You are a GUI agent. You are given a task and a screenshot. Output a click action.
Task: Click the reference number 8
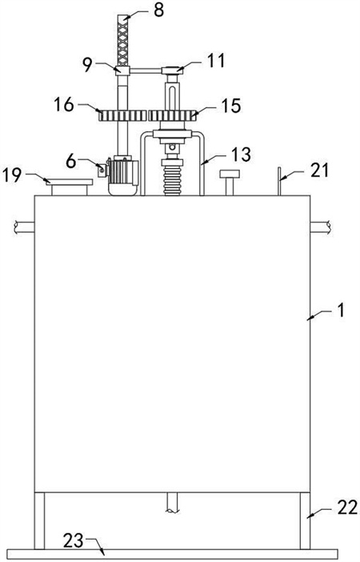point(158,10)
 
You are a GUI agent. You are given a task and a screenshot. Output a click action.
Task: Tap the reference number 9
point(87,64)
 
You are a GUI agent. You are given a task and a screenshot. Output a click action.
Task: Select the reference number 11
point(216,61)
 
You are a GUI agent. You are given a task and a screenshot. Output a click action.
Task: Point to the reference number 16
point(64,105)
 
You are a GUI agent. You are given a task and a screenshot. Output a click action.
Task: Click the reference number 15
point(231,106)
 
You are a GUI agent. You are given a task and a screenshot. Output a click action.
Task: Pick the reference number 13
point(241,155)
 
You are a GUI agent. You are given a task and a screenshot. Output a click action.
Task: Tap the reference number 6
point(71,162)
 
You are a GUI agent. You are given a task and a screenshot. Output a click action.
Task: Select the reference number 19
point(12,175)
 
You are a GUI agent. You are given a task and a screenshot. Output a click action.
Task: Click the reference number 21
point(319,171)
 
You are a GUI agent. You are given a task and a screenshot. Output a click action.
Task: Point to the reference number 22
point(347,508)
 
